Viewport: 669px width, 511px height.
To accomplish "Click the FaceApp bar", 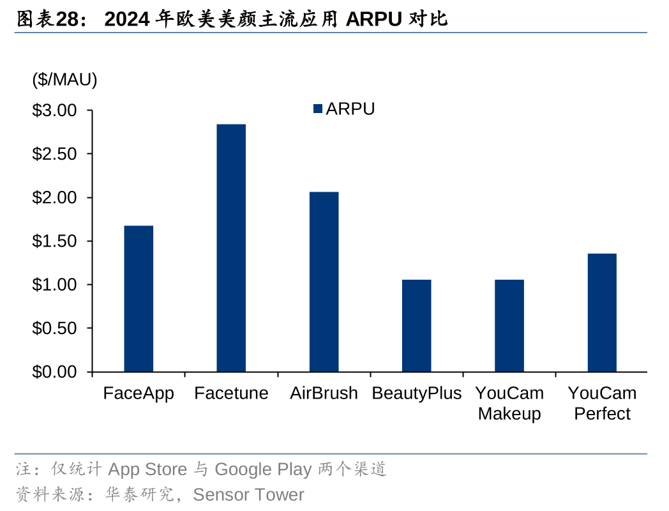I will (x=139, y=298).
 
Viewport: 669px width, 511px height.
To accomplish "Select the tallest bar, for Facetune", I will (x=231, y=248).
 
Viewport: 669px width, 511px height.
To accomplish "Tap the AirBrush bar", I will (x=324, y=282).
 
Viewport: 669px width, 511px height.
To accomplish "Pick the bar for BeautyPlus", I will (x=417, y=325).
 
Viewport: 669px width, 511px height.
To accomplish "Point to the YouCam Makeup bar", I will (x=509, y=325).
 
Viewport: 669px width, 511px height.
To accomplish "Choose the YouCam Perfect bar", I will (x=602, y=312).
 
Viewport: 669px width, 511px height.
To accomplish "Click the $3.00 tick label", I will (x=54, y=111).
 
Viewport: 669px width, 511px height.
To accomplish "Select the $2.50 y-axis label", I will (x=54, y=155).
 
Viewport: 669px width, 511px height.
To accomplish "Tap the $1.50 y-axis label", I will (x=54, y=241).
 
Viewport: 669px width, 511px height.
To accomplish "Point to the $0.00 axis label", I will (x=54, y=372).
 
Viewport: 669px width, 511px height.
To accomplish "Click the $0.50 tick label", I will (x=54, y=328).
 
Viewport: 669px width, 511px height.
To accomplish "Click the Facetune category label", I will (x=231, y=393).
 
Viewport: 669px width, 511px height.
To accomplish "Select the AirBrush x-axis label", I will (x=324, y=393).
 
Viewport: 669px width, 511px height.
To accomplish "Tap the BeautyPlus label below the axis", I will (x=416, y=393).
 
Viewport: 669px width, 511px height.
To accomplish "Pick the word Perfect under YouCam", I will (x=602, y=414).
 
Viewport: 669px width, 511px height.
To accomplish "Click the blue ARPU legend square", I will (x=318, y=109).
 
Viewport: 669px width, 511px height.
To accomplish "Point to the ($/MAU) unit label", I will (x=64, y=80).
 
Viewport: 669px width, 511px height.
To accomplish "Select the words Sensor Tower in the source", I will (x=248, y=495).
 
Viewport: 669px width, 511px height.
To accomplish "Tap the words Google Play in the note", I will (x=263, y=470).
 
